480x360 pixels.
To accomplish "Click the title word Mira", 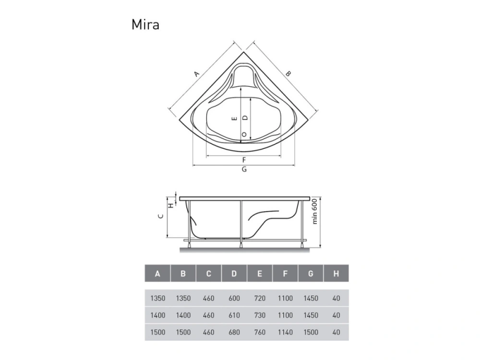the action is coord(145,24).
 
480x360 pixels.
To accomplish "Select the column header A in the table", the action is coord(157,274).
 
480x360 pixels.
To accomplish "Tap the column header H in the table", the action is coord(336,274).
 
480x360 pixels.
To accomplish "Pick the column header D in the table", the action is coord(234,274).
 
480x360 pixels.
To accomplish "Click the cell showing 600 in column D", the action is coord(234,298).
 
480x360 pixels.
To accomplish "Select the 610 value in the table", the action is coord(234,315).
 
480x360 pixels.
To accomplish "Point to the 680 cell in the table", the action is coord(234,332).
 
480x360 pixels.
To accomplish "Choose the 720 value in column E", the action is coord(260,298).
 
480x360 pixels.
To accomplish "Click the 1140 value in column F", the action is coord(285,332).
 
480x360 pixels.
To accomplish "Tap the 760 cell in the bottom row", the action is coord(260,332).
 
